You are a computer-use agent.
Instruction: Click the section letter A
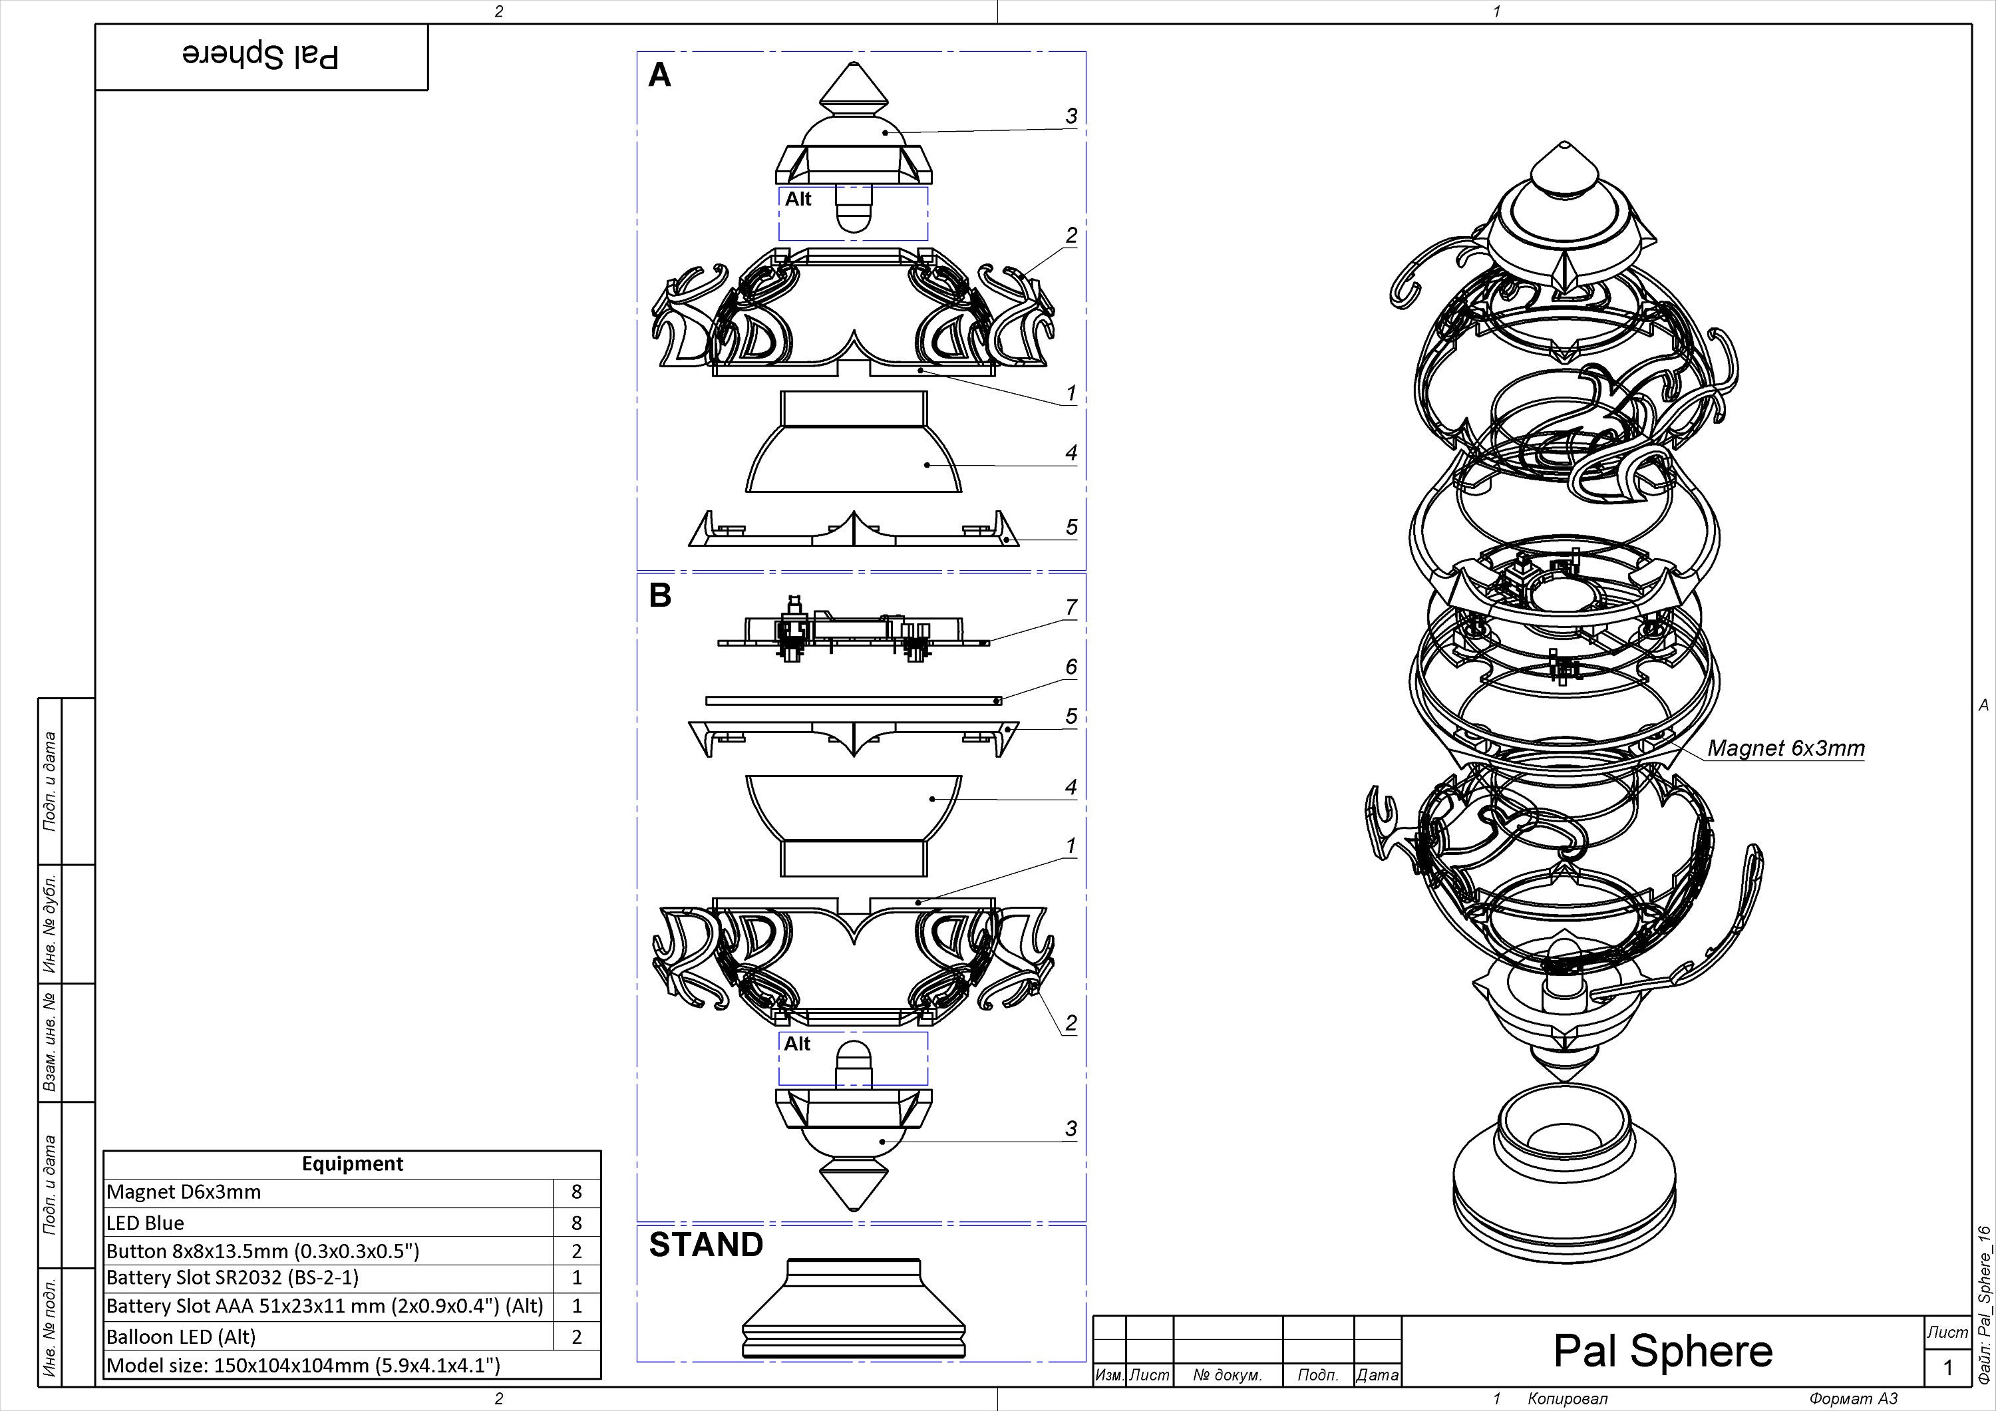[x=660, y=77]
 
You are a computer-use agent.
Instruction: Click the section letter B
[x=660, y=596]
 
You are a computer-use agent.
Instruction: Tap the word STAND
[x=706, y=1245]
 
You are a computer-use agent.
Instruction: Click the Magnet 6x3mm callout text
[x=1786, y=748]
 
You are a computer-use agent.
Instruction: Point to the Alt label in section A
[x=797, y=199]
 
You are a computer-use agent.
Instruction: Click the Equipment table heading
[x=352, y=1164]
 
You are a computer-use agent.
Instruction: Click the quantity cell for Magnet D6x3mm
[x=576, y=1193]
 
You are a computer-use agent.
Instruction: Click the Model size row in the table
[x=303, y=1365]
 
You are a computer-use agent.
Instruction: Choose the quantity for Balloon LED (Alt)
[x=576, y=1337]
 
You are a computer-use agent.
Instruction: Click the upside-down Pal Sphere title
[x=261, y=56]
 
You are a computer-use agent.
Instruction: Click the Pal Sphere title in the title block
[x=1662, y=1350]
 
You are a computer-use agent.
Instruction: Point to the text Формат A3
[x=1852, y=1399]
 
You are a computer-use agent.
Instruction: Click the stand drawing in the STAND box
[x=853, y=1309]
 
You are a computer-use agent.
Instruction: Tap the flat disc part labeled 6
[x=852, y=700]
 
